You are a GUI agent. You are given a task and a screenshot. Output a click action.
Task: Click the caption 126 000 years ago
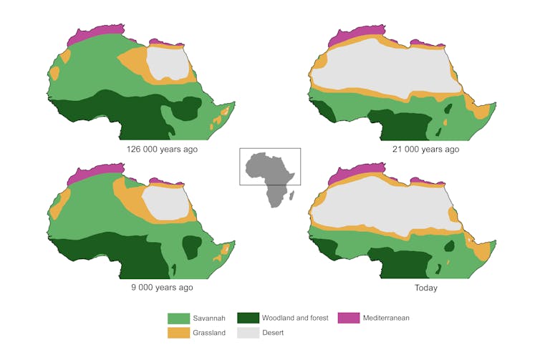click(162, 150)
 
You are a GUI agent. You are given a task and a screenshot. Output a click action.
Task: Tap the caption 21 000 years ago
click(427, 150)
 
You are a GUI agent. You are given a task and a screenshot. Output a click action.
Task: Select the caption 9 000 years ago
click(162, 287)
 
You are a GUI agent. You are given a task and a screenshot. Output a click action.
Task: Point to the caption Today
click(425, 288)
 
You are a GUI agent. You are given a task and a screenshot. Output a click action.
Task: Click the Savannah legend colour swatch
click(178, 318)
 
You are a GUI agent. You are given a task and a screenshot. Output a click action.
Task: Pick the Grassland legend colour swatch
click(178, 333)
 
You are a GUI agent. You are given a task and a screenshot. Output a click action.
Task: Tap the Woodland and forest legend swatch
click(248, 318)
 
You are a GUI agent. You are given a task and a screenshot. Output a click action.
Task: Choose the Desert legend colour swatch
click(248, 333)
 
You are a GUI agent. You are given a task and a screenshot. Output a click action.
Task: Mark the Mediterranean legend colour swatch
click(349, 318)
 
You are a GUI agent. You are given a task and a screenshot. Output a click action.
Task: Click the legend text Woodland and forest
click(295, 318)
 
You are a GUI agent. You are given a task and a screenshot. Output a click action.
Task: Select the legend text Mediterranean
click(386, 318)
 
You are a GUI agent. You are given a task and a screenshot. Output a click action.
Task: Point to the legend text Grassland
click(210, 333)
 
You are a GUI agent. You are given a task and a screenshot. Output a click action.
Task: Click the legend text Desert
click(273, 333)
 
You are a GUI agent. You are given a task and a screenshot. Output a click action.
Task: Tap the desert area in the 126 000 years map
click(170, 63)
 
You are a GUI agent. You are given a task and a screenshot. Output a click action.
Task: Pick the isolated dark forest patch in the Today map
click(449, 246)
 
